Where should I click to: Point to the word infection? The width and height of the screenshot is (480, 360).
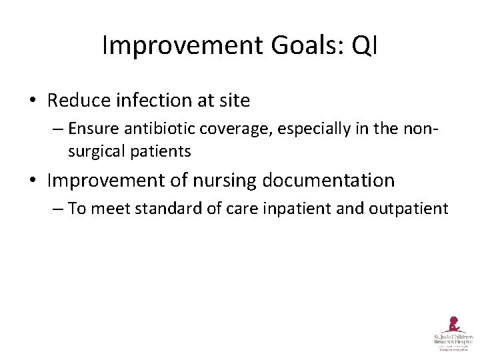[x=142, y=101]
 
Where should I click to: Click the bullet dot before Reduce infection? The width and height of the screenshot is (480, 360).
[x=33, y=101]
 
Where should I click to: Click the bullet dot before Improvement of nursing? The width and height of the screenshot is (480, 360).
[x=33, y=181]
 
